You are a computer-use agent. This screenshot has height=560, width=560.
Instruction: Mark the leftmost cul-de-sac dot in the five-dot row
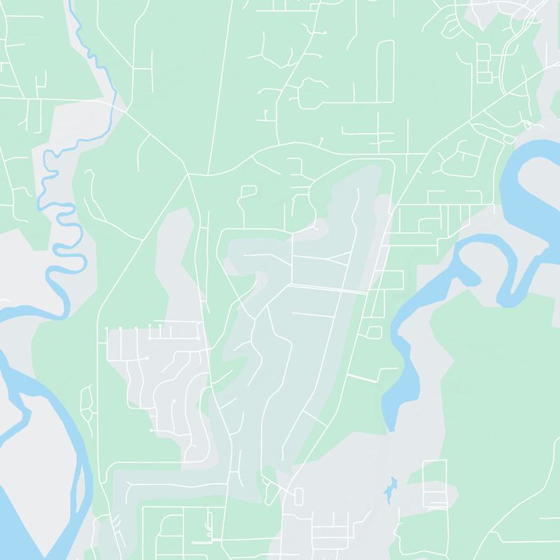coord(106,328)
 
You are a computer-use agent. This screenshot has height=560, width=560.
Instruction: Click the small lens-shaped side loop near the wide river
coord(86,402)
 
